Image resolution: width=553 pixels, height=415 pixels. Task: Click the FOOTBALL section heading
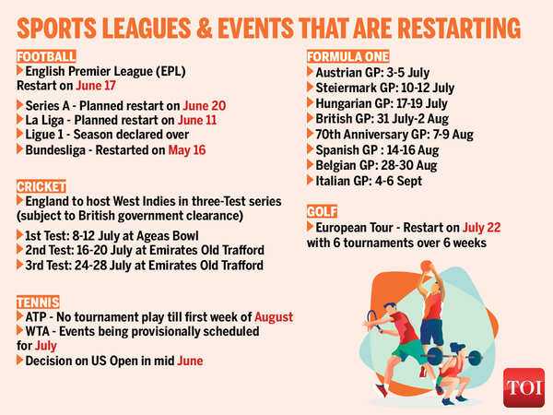pos(42,56)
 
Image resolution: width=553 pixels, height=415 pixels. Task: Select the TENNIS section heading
pos(37,302)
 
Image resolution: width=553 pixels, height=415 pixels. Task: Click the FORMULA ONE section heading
pos(347,56)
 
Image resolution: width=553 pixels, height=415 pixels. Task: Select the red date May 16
pos(187,149)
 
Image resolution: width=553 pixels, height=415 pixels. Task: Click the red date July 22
pos(484,226)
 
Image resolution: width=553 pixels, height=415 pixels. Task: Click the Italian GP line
pos(369,181)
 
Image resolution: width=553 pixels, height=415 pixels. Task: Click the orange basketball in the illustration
pos(426,266)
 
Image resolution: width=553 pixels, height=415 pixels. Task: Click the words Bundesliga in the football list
pos(58,149)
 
